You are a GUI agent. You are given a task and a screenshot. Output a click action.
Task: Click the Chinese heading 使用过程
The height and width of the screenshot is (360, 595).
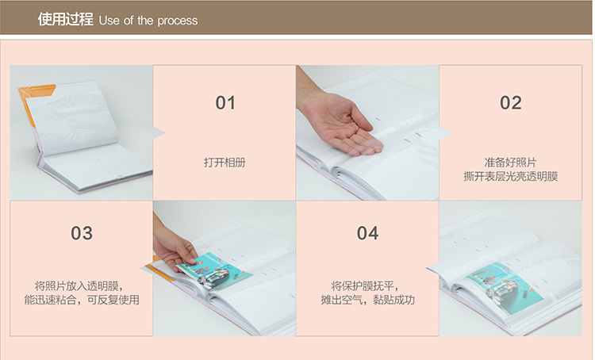pos(65,19)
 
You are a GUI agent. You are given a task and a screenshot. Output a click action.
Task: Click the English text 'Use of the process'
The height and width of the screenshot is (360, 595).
pos(148,21)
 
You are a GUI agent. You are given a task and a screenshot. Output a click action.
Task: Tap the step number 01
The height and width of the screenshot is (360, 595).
pos(225,103)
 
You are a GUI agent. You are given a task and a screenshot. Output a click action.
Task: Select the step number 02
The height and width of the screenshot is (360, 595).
pos(510,103)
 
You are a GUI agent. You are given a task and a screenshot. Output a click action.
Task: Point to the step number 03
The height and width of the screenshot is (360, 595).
pos(82,233)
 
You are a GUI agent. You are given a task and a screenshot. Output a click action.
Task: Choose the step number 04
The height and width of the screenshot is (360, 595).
pos(367,233)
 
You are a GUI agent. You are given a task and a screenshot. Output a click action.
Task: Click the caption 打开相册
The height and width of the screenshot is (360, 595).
pos(225,163)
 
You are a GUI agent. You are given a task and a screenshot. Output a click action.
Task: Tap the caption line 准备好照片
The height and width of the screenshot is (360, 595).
pos(510,163)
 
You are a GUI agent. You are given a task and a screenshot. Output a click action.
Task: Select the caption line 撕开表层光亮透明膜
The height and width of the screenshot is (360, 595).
pos(510,176)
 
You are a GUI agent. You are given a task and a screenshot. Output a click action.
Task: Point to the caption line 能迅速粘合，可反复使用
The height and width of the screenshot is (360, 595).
pos(82,300)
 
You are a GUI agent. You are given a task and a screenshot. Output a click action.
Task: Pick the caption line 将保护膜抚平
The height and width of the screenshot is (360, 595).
pos(365,285)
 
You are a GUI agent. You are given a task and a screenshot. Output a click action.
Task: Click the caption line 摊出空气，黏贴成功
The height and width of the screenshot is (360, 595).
pos(367,300)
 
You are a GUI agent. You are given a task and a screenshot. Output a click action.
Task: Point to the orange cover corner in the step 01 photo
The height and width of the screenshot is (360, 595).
pos(36,99)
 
